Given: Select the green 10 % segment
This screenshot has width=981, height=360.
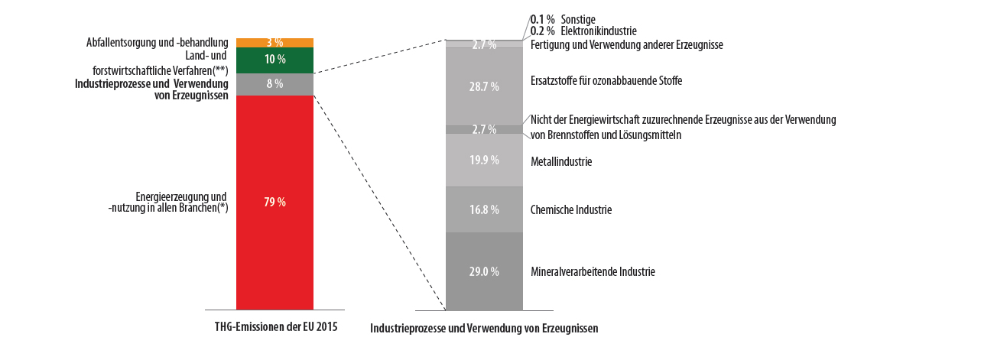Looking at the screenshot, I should pyautogui.click(x=274, y=60).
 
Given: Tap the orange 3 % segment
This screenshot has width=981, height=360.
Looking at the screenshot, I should pyautogui.click(x=274, y=43).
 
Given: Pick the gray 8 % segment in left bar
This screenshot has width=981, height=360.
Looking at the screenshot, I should pyautogui.click(x=274, y=85).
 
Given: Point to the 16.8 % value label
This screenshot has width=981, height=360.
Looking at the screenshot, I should pyautogui.click(x=484, y=209).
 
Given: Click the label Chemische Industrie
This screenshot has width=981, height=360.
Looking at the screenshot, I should pyautogui.click(x=571, y=209).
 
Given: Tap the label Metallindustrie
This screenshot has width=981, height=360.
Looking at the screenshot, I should pyautogui.click(x=561, y=162).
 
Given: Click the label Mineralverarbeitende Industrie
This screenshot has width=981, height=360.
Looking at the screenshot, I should pyautogui.click(x=593, y=271).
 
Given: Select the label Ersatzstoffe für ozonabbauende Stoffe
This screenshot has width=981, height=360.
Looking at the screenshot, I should pyautogui.click(x=606, y=80).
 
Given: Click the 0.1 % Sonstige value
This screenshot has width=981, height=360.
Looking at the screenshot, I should pyautogui.click(x=542, y=19).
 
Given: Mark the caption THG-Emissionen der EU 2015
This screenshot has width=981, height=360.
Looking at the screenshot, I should pyautogui.click(x=276, y=326).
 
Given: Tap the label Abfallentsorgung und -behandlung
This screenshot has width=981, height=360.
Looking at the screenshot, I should pyautogui.click(x=157, y=42).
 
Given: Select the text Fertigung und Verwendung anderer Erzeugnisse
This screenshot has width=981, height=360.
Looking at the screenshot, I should pyautogui.click(x=626, y=45).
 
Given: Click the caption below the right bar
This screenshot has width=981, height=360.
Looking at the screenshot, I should pyautogui.click(x=484, y=328).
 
